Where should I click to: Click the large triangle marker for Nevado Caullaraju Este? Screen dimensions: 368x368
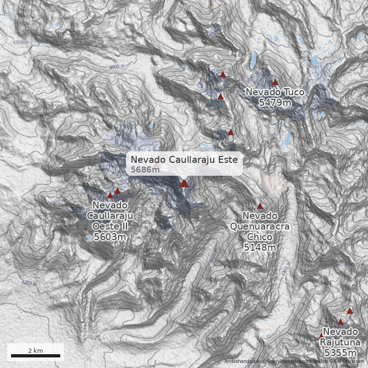184,183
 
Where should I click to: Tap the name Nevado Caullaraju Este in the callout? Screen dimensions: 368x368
184,160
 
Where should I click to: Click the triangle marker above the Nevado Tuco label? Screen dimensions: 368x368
275,83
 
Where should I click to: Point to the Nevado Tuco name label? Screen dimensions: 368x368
275,92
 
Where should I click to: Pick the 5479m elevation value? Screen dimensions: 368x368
275,103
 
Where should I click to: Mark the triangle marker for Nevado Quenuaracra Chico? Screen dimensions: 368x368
260,206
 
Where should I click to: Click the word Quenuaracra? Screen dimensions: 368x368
260,226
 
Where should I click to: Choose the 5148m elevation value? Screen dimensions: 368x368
260,247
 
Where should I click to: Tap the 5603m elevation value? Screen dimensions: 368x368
110,237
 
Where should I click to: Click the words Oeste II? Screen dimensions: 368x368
110,226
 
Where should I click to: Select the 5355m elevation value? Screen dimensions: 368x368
340,353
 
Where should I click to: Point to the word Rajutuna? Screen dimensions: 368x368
340,342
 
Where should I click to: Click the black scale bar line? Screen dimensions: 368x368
35,356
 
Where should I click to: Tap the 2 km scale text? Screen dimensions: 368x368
35,351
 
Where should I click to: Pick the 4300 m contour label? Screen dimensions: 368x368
21,42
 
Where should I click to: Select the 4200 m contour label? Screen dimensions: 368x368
29,283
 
